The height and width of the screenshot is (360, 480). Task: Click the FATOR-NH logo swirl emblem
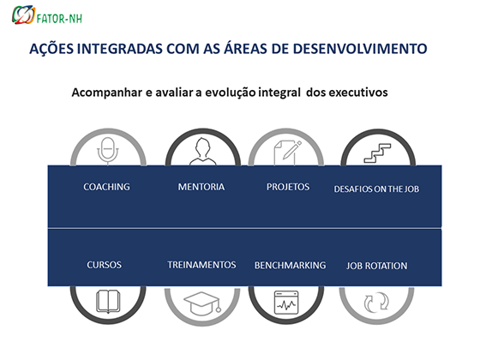pos(23,15)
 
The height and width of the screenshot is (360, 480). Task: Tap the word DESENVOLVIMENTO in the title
pos(360,49)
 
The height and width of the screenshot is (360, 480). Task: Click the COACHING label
pos(106,187)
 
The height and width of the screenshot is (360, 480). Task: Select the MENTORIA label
pos(201,187)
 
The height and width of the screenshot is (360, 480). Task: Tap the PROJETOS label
pos(288,187)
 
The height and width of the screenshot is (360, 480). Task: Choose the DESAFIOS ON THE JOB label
pos(376,189)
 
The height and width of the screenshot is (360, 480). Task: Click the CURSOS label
pos(104,265)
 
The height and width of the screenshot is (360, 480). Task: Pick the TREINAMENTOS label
pos(201,265)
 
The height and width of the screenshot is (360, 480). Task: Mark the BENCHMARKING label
pos(290,266)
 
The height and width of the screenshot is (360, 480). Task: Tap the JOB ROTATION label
pos(376,266)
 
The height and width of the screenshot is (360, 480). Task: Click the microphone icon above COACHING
pos(108,151)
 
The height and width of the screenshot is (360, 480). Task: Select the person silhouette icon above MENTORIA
pos(202,152)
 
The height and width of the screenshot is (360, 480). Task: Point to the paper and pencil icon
pos(287,153)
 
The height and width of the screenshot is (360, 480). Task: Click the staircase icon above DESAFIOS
pos(377,153)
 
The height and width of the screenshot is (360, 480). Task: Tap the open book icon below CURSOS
pos(108,302)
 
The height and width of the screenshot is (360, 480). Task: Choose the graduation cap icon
pos(202,303)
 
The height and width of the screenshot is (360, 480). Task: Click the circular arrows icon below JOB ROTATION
pos(376,303)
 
